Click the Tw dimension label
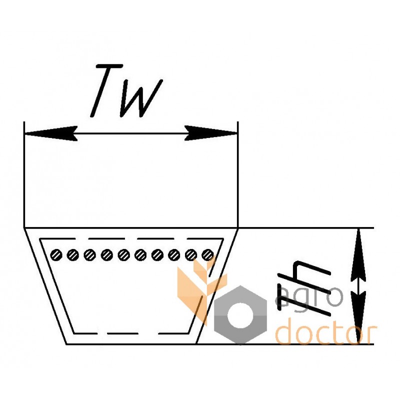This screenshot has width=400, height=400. (126, 91)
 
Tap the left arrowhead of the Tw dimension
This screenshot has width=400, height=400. (51, 133)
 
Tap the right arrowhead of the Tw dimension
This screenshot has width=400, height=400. (211, 133)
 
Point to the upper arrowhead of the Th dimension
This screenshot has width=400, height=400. (358, 255)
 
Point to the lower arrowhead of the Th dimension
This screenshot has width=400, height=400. (358, 317)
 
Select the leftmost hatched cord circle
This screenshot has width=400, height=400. (56, 255)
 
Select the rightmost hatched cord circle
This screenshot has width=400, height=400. (207, 255)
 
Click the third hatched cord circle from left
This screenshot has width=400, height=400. (90, 255)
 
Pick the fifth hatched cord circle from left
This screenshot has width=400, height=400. (123, 255)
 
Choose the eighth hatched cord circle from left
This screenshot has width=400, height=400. (174, 255)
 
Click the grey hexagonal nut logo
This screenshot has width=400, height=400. (240, 315)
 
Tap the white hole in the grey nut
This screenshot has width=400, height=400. (240, 315)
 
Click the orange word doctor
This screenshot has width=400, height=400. (327, 331)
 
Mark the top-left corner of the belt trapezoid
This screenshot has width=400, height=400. (24, 228)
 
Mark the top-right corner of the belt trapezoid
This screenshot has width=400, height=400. (238, 228)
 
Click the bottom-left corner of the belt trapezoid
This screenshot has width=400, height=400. (66, 344)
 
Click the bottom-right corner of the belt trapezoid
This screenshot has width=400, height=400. (196, 344)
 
